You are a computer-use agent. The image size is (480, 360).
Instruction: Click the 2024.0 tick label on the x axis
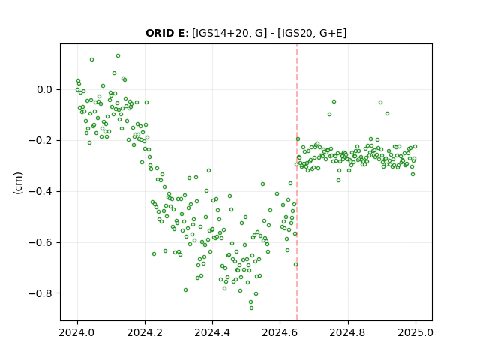(x=77, y=332)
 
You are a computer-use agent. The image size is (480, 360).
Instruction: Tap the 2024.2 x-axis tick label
(x=145, y=332)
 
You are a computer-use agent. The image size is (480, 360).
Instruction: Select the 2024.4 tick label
(x=212, y=332)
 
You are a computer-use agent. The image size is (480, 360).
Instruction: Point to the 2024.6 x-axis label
(x=280, y=332)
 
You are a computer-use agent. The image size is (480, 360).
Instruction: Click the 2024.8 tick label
(x=348, y=332)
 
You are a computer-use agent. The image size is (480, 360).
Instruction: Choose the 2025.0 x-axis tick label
(x=415, y=332)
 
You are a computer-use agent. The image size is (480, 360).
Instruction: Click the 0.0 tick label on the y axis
(x=45, y=90)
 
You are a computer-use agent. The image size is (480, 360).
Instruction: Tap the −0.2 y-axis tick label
(x=40, y=140)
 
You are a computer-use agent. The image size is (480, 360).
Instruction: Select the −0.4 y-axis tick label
(x=40, y=191)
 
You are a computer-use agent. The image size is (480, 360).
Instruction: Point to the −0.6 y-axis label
(x=40, y=242)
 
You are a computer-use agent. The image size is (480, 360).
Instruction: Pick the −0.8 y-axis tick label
(x=40, y=293)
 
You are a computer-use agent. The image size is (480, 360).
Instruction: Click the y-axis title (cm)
(x=18, y=183)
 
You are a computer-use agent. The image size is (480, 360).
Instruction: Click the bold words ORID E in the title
(x=165, y=33)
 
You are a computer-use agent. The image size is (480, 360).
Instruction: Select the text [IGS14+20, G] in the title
(x=227, y=33)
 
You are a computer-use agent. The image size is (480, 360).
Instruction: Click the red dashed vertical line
(x=297, y=182)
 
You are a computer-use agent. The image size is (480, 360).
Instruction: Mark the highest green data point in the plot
(x=118, y=56)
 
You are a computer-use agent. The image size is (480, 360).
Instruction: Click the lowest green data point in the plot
(x=252, y=307)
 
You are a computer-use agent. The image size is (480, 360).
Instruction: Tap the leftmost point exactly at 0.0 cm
(x=77, y=90)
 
